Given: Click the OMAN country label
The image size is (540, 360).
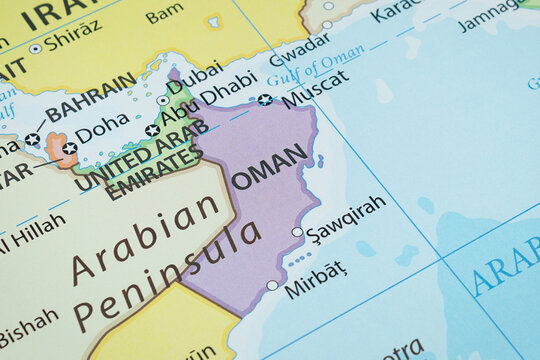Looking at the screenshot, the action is point(269,166).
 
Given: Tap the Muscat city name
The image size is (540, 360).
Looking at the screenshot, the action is point(315,88).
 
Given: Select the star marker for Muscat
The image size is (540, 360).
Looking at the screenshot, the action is point(264,99).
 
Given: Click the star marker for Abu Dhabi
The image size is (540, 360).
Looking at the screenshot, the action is point(152,130).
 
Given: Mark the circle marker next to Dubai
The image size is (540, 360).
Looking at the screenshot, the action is point(163,100).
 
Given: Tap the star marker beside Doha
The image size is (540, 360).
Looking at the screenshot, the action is point(70,148).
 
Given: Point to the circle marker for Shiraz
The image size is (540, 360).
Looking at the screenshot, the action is point(36,48).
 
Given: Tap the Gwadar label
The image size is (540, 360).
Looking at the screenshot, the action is point(299,46).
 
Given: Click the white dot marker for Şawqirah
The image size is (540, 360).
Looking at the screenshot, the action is point(297,232).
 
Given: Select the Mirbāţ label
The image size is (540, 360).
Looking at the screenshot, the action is point(315,280).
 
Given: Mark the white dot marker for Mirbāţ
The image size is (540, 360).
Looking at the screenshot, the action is point(272,285).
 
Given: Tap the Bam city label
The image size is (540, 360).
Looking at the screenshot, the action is point(164,15).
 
